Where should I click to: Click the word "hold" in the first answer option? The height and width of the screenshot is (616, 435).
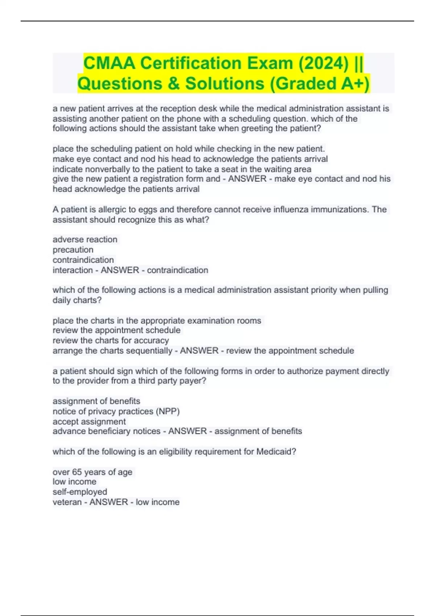(x=184, y=149)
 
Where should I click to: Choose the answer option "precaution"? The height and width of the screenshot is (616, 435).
(x=73, y=250)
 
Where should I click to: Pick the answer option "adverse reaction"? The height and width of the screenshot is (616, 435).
(x=85, y=240)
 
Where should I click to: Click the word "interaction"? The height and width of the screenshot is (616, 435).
(x=72, y=270)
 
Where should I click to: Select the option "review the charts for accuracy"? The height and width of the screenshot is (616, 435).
(x=111, y=341)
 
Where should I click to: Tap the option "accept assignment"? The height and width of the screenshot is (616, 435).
(x=89, y=421)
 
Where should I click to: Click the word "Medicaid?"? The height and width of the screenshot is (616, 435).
(x=276, y=451)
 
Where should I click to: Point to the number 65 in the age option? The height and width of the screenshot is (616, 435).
(x=77, y=472)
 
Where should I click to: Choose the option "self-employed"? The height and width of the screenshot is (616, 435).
(x=80, y=492)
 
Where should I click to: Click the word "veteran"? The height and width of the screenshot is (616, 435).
(x=67, y=502)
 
